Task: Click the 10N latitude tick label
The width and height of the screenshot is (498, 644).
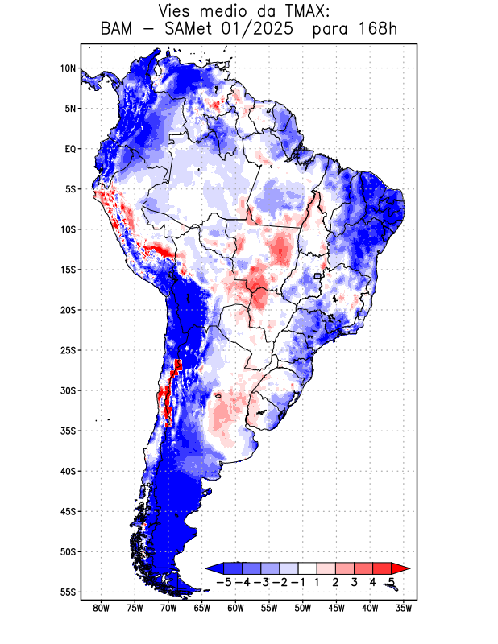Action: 68,68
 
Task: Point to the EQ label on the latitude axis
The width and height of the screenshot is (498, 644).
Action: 69,149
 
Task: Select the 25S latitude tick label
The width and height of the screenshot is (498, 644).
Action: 68,350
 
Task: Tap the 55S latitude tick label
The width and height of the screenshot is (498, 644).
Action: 68,592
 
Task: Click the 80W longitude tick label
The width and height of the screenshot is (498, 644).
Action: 102,609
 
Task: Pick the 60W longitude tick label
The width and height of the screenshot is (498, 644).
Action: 235,609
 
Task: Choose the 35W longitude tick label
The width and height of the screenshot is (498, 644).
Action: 404,609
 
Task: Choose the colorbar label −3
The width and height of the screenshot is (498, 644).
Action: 261,582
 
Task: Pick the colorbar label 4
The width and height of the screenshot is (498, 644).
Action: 373,582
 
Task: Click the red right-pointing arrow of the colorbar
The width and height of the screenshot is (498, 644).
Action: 400,568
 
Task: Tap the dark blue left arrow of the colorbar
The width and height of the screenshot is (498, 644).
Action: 214,568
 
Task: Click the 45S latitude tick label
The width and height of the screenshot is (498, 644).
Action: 68,511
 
